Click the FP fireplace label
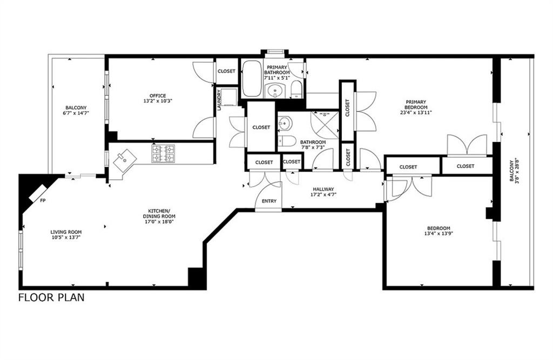(43, 201)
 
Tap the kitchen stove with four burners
(163, 153)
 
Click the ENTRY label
(269, 201)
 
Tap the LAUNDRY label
(219, 100)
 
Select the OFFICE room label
(158, 96)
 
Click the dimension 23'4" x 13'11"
(416, 113)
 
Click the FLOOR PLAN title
(51, 297)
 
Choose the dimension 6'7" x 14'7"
(76, 113)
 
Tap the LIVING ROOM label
(66, 232)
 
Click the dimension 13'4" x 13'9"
(439, 233)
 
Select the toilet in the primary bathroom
(296, 89)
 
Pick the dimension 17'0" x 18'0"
(159, 222)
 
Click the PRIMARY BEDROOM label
(416, 105)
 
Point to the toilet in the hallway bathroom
(287, 141)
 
